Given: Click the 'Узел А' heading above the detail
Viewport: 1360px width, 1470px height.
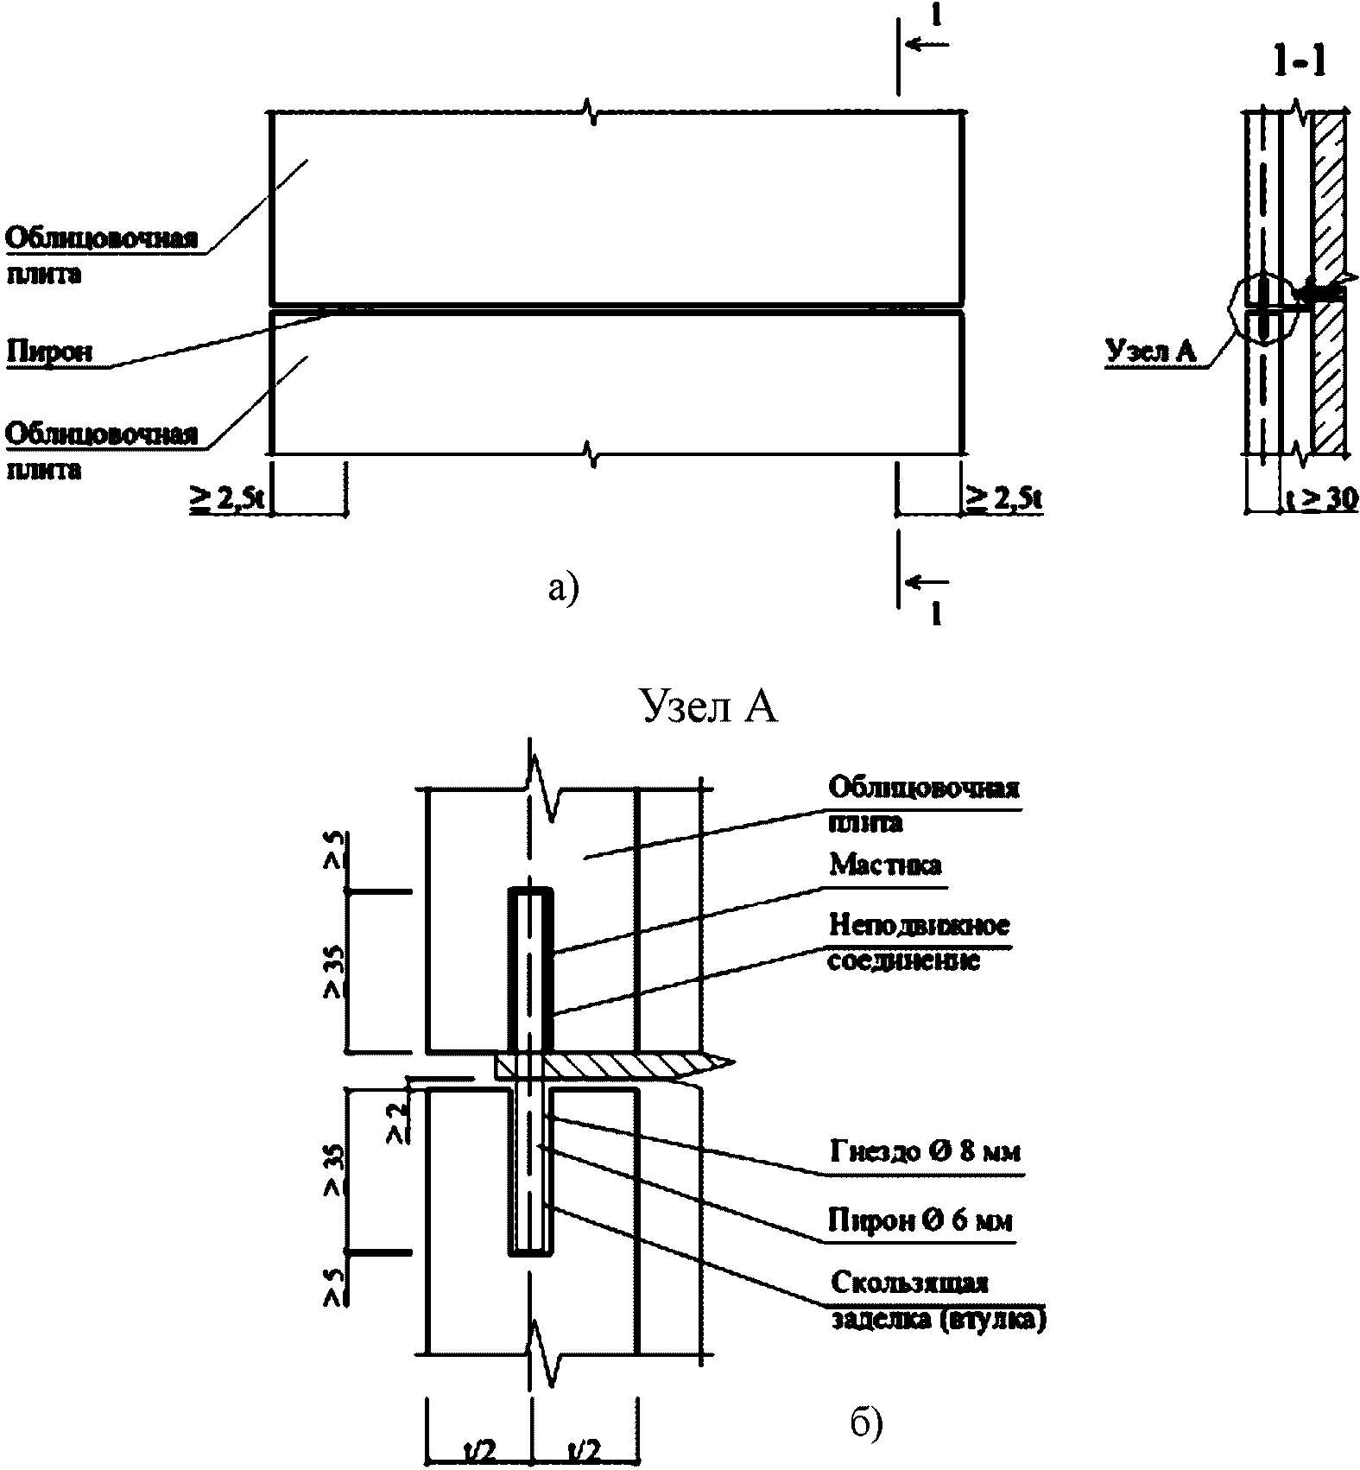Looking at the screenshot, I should pos(707,706).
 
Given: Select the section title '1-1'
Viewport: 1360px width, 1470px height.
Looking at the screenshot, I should pos(1299,61).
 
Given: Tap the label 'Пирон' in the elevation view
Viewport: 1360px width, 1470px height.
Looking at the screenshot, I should pos(49,352).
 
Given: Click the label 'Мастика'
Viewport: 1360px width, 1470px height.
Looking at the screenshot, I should pos(885,865).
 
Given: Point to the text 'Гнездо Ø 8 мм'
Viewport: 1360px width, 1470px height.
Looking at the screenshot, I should pos(925,1152).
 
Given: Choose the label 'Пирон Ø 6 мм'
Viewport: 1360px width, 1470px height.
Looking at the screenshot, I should pos(920,1220).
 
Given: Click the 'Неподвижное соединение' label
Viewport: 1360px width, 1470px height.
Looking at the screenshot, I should pos(918,942).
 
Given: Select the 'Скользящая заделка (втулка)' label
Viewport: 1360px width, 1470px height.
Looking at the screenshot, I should pos(936,1302).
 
